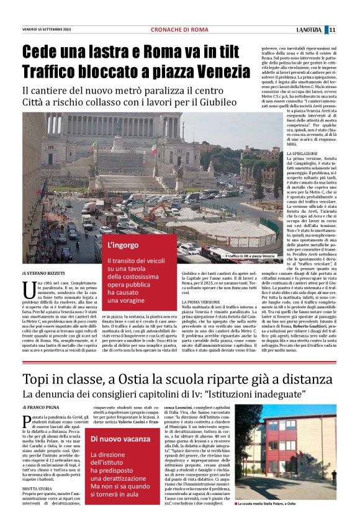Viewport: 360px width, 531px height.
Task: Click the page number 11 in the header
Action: point(349,30)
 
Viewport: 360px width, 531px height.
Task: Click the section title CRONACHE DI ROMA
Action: point(179,30)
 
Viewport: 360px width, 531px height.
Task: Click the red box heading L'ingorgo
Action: point(122,246)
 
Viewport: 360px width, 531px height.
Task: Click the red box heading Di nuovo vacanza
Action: point(129,439)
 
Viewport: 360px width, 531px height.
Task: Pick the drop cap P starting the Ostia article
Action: point(27,421)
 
